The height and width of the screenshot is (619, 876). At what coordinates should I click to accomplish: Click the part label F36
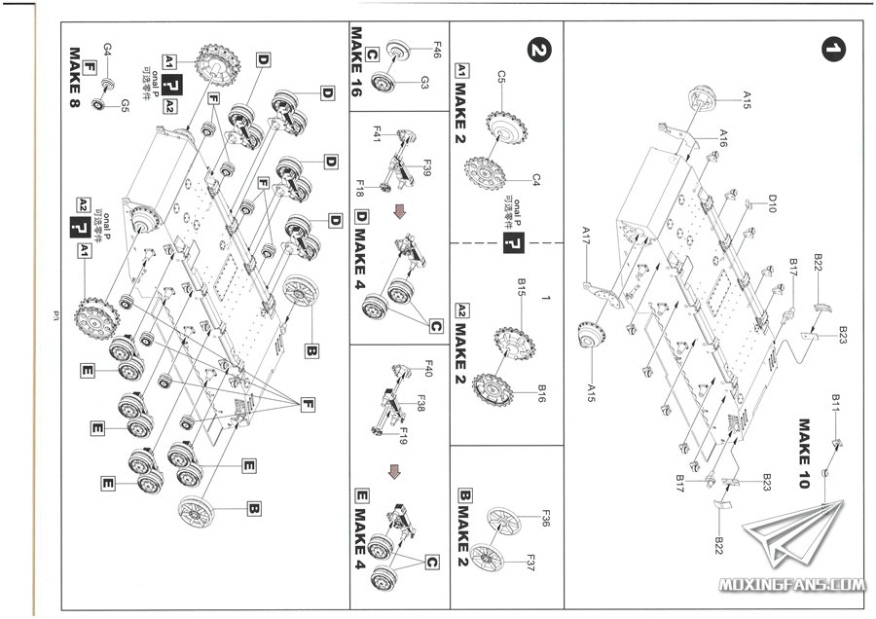pyautogui.click(x=545, y=519)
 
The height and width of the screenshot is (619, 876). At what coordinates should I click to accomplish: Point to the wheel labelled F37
pyautogui.click(x=500, y=559)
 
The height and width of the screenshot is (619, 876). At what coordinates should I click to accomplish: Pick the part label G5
pyautogui.click(x=125, y=104)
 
